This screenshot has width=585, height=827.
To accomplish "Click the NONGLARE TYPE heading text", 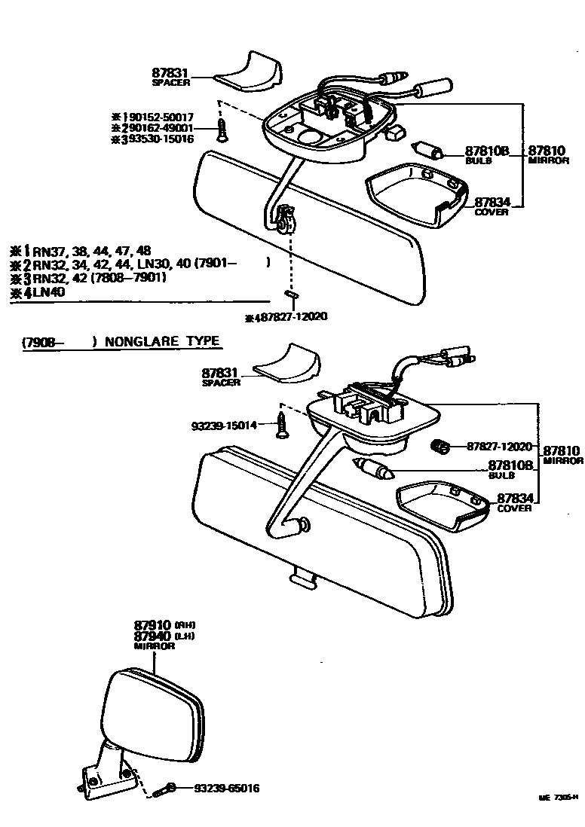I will [x=162, y=341].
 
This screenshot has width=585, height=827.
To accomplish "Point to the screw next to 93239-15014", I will [x=282, y=424].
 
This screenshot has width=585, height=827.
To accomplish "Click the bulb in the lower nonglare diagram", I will [x=374, y=470].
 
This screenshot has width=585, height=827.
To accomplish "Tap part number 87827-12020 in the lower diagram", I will [x=500, y=447].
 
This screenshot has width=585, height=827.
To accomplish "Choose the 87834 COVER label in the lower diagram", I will [x=513, y=502].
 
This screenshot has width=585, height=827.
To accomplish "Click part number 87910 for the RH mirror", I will [x=153, y=625].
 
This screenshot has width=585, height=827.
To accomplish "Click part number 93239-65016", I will [x=226, y=789].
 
